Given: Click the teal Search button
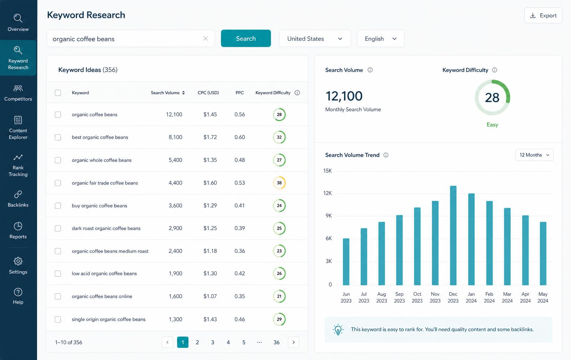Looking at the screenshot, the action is pyautogui.click(x=246, y=38).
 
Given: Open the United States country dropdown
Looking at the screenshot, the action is pyautogui.click(x=315, y=38).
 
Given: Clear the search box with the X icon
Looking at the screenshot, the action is pyautogui.click(x=206, y=38).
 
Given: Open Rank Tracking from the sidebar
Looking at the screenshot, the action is pyautogui.click(x=18, y=165).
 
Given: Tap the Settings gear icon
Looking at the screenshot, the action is pyautogui.click(x=18, y=261).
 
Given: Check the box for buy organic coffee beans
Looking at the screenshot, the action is pyautogui.click(x=58, y=206).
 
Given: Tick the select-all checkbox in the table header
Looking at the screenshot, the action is pyautogui.click(x=58, y=92).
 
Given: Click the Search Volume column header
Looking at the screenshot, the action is pyautogui.click(x=168, y=92).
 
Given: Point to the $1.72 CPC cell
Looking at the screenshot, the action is pyautogui.click(x=210, y=137).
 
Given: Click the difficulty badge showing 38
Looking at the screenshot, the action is pyautogui.click(x=279, y=183).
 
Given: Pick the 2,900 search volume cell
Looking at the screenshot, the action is pyautogui.click(x=175, y=228).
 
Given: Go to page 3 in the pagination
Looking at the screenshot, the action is pyautogui.click(x=213, y=342).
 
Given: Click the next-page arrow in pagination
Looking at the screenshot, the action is pyautogui.click(x=293, y=342).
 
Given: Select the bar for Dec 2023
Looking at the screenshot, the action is pyautogui.click(x=453, y=235).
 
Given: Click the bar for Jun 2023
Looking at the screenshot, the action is pyautogui.click(x=346, y=261).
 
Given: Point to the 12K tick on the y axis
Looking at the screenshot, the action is pyautogui.click(x=328, y=193).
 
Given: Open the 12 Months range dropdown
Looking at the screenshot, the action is pyautogui.click(x=534, y=155).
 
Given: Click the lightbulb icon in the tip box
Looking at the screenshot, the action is pyautogui.click(x=338, y=330).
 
